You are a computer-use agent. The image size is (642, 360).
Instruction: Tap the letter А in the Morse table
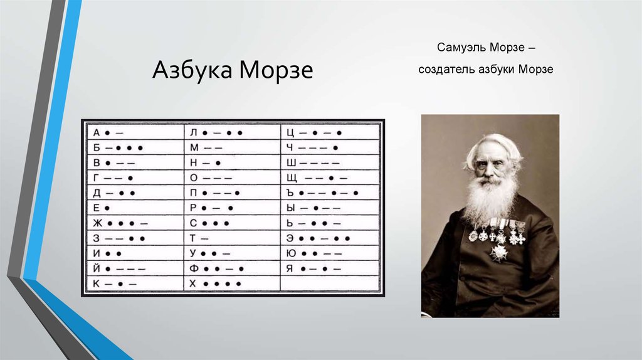(x=97, y=133)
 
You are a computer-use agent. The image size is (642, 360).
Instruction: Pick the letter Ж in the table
(x=97, y=223)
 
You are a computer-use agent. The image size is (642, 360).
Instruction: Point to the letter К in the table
(x=96, y=283)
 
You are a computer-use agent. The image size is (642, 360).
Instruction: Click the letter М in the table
(x=194, y=148)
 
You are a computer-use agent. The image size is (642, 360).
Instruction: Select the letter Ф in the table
(x=194, y=268)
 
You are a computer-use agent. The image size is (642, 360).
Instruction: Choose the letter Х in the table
(x=193, y=283)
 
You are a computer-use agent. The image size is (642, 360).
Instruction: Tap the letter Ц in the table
(x=290, y=133)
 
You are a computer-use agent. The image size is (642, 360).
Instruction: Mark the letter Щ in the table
(x=292, y=178)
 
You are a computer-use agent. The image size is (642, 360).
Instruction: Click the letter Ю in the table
(x=291, y=253)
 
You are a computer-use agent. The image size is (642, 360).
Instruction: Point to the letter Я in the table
(x=290, y=268)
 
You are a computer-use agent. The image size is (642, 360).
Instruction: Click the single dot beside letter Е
(x=107, y=208)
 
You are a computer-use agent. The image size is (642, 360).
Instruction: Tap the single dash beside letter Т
(x=204, y=238)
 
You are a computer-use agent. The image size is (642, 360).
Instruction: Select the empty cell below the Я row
(x=330, y=283)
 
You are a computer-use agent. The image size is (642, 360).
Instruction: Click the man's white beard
(x=492, y=196)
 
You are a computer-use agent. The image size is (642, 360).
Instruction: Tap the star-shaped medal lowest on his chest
(x=498, y=252)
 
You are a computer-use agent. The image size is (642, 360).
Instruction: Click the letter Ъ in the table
(x=290, y=193)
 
